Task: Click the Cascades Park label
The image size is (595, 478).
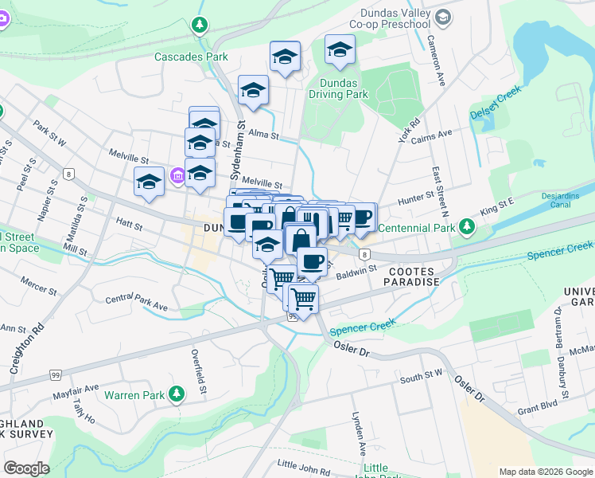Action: pyautogui.click(x=191, y=57)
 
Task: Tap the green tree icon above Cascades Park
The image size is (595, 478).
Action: pyautogui.click(x=199, y=26)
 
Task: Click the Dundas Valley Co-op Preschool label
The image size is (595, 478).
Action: pyautogui.click(x=395, y=18)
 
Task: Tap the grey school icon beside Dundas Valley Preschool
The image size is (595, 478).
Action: pyautogui.click(x=444, y=16)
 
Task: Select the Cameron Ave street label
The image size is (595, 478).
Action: pyautogui.click(x=437, y=61)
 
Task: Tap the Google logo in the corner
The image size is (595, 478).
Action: pyautogui.click(x=27, y=468)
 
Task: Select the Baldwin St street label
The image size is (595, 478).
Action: pyautogui.click(x=355, y=271)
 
